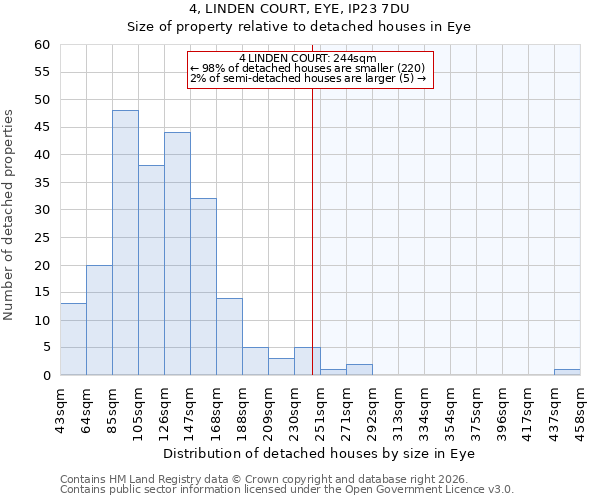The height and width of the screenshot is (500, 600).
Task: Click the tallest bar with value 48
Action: pyautogui.click(x=125, y=243)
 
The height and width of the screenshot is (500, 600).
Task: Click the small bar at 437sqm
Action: pyautogui.click(x=567, y=372)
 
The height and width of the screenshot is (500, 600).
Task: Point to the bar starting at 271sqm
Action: pyautogui.click(x=359, y=370)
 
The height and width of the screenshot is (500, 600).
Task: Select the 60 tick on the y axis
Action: pyautogui.click(x=41, y=45)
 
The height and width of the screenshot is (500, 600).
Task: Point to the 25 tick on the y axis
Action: pyautogui.click(x=41, y=238)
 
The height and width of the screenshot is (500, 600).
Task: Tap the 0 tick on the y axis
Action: pyautogui.click(x=45, y=376)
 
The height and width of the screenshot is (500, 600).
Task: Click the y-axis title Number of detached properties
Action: pyautogui.click(x=10, y=215)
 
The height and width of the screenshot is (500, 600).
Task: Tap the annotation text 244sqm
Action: pyautogui.click(x=358, y=59)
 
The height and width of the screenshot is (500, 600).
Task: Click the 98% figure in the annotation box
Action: pyautogui.click(x=212, y=68)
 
